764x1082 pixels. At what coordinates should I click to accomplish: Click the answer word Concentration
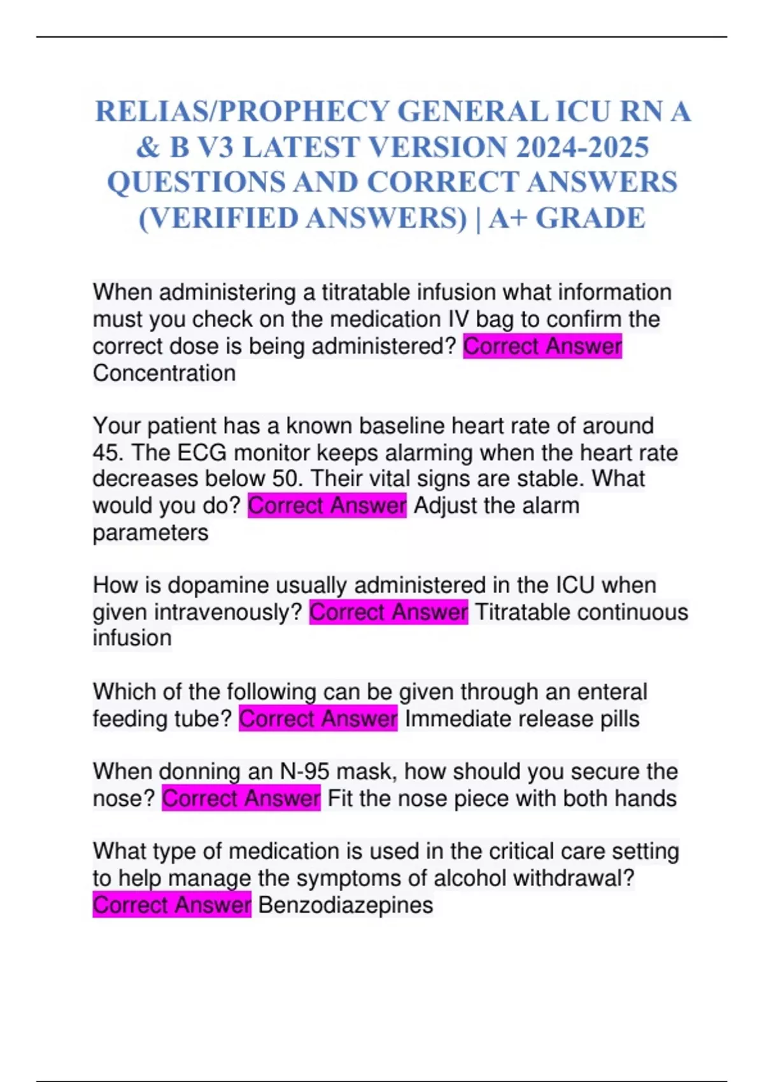(164, 373)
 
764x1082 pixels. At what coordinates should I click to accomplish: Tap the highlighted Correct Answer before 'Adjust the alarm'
(327, 506)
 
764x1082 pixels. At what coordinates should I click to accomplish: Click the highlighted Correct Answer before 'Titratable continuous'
(388, 612)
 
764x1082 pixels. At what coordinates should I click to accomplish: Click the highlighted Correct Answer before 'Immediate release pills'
(318, 719)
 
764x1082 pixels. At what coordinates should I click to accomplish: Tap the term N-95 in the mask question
(305, 772)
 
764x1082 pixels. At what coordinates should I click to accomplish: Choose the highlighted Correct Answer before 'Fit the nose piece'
(241, 799)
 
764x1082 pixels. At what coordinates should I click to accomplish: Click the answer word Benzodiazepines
(346, 905)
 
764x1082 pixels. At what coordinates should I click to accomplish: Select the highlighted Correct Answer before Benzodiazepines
(172, 905)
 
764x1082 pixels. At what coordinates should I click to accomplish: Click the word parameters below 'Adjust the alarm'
(150, 533)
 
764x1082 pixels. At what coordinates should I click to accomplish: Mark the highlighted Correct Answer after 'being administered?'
(542, 347)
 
